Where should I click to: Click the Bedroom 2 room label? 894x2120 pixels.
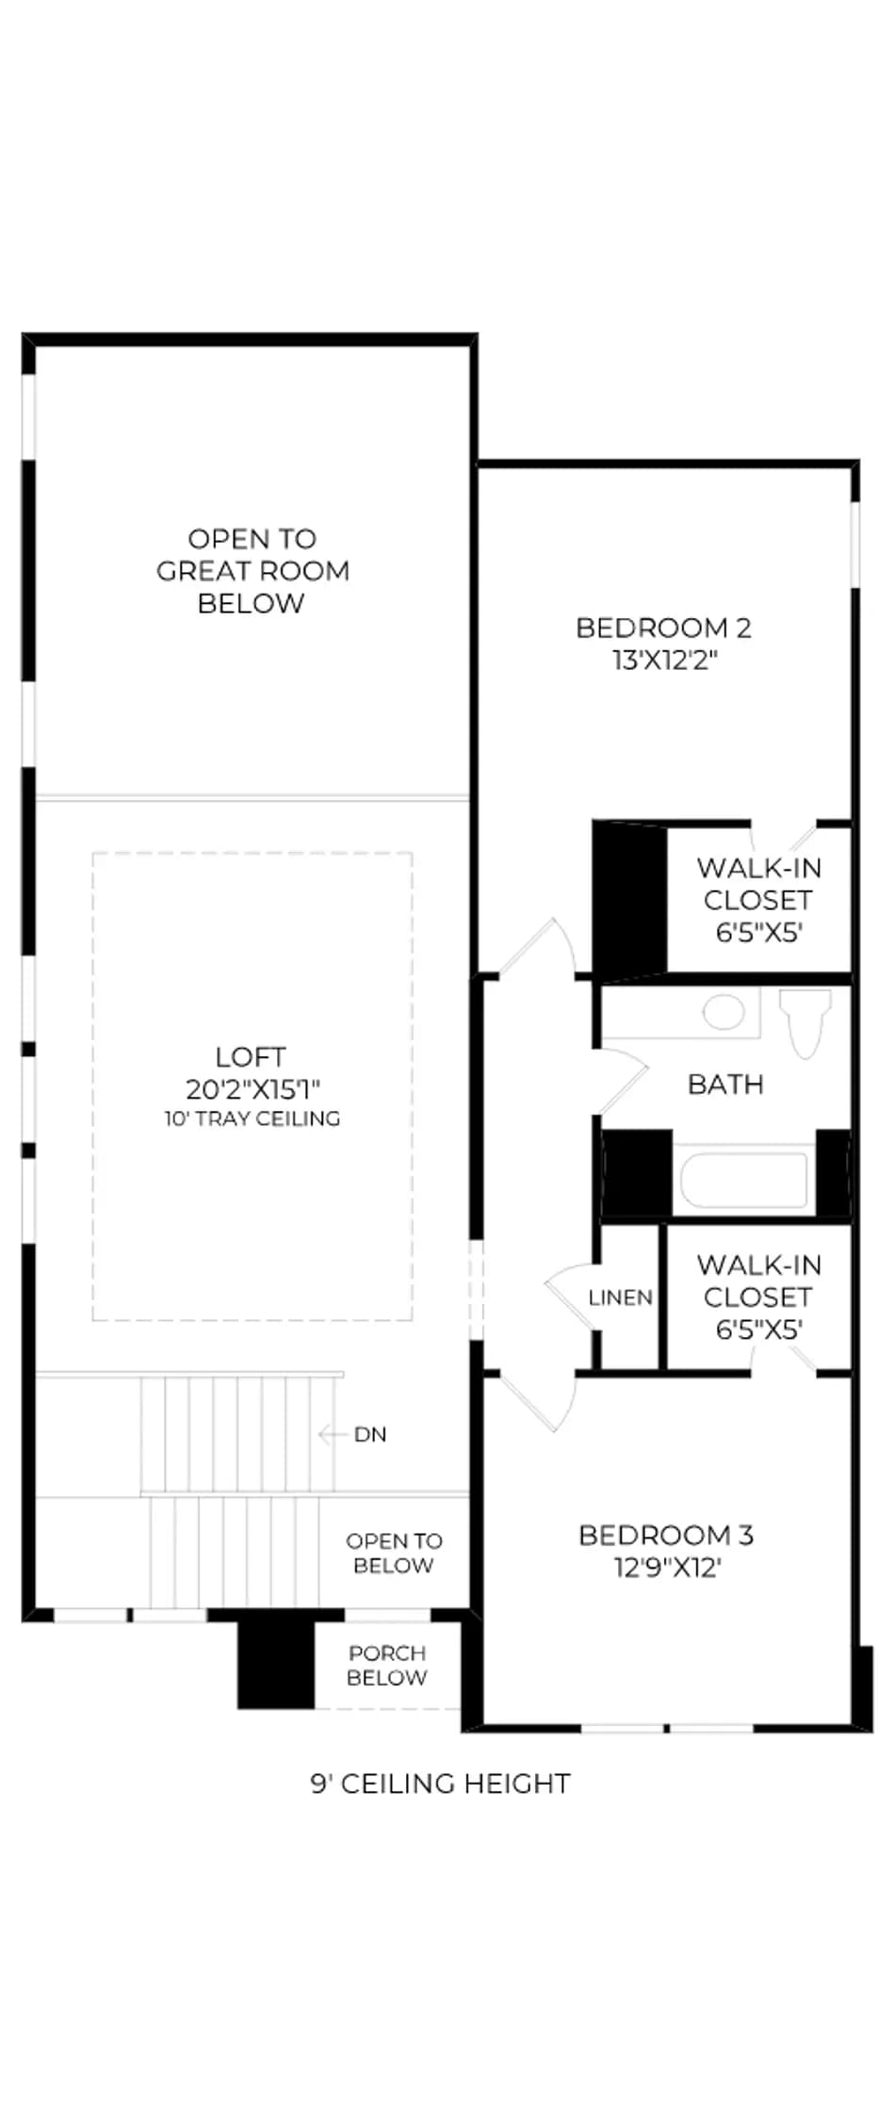point(663,628)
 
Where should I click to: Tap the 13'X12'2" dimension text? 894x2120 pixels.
point(665,660)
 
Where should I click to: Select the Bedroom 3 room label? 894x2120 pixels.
point(666,1535)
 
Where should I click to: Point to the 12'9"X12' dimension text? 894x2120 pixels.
point(666,1567)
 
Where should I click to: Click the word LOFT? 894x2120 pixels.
point(251,1056)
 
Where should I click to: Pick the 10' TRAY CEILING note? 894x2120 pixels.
point(252,1118)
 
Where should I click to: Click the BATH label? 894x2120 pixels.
point(725,1084)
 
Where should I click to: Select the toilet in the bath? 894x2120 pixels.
point(805,1022)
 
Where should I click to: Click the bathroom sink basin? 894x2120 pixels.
point(723,1012)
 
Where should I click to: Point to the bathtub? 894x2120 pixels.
point(744,1178)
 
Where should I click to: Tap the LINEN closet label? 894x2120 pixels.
point(620,1297)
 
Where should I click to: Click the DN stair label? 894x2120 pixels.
point(370,1434)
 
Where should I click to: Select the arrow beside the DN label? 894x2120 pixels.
point(333,1434)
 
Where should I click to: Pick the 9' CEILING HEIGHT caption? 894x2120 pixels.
point(441,1783)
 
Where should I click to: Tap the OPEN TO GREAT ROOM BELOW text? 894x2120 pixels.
point(252,570)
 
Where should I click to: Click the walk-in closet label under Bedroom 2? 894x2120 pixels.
point(758,899)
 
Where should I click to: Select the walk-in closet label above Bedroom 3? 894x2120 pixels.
point(758,1296)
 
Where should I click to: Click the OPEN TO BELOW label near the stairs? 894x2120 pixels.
point(394,1553)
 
